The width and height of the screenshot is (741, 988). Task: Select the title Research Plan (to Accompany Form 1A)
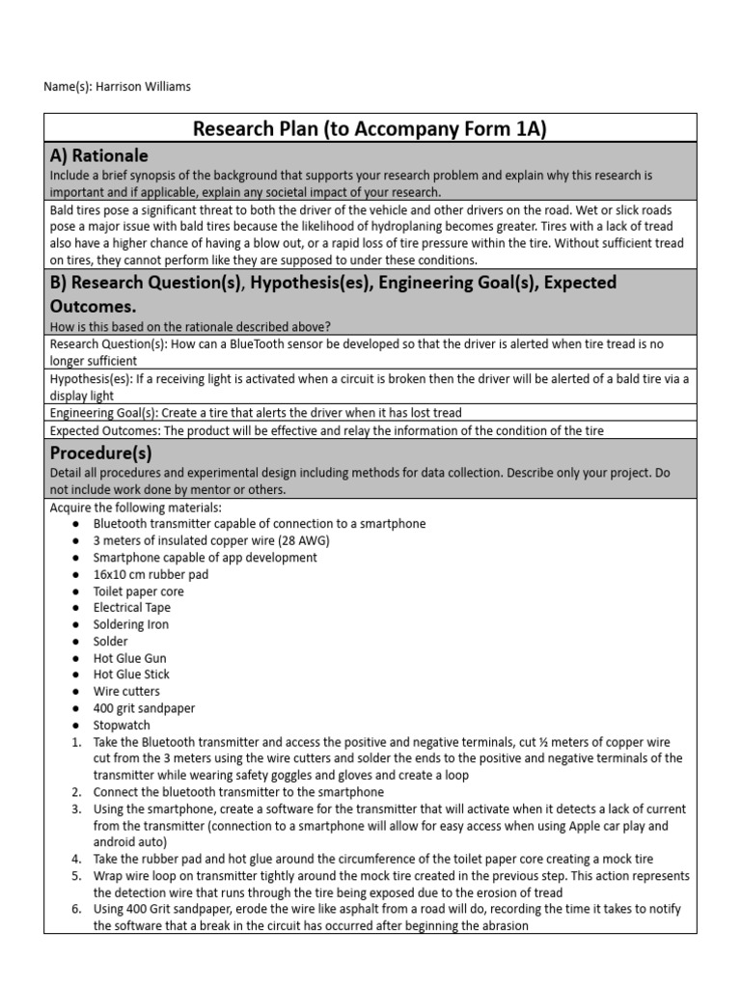click(x=370, y=128)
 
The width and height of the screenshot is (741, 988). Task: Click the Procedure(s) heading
click(x=103, y=453)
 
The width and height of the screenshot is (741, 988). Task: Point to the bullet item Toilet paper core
click(x=138, y=591)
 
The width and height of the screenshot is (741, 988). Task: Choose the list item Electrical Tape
click(x=131, y=608)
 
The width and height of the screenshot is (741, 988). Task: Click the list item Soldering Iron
click(x=130, y=624)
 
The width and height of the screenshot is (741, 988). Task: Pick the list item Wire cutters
click(x=126, y=691)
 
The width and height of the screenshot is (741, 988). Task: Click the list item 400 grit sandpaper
click(x=144, y=708)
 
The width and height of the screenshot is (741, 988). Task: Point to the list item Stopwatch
click(x=122, y=725)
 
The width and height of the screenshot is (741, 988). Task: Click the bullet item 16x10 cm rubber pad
click(x=150, y=574)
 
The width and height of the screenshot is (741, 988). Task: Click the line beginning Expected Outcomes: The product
click(x=327, y=430)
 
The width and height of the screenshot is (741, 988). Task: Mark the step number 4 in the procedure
click(x=76, y=859)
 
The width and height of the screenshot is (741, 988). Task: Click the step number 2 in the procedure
click(x=76, y=792)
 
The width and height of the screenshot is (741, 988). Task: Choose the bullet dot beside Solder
click(x=76, y=642)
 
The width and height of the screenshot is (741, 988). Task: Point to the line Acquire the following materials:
click(x=135, y=508)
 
